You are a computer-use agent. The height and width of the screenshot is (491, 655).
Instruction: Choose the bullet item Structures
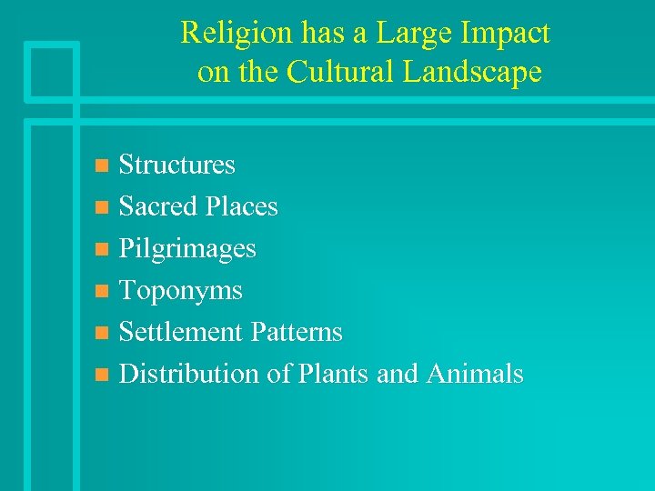pyautogui.click(x=177, y=165)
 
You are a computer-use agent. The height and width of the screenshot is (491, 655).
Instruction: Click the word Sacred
pyautogui.click(x=158, y=206)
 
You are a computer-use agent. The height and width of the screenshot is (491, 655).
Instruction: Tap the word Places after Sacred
pyautogui.click(x=241, y=206)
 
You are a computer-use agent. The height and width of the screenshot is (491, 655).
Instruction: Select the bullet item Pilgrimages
pyautogui.click(x=187, y=248)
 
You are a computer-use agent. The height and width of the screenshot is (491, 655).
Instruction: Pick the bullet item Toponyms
pyautogui.click(x=181, y=290)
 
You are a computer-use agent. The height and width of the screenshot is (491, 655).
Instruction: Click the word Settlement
pyautogui.click(x=179, y=332)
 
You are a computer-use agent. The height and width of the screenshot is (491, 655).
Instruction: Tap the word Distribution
pyautogui.click(x=189, y=374)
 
